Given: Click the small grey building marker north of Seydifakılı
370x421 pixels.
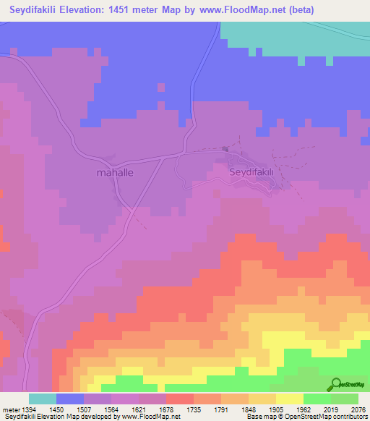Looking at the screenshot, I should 225,150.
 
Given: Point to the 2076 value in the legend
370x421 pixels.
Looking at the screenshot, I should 359,409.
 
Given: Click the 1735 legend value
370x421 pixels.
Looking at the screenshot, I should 194,409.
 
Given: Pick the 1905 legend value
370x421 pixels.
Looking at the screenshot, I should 276,409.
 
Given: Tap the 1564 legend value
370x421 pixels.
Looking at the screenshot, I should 111,409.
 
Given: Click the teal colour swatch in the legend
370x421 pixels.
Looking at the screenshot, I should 43,399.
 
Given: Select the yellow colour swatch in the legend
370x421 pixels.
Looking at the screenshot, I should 290,399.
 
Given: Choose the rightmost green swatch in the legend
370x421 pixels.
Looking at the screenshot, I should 345,399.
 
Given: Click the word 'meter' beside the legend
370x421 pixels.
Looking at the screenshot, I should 8,409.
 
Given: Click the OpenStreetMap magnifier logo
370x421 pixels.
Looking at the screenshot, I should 335,385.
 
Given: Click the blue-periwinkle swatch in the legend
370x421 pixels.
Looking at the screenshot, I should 70,399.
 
